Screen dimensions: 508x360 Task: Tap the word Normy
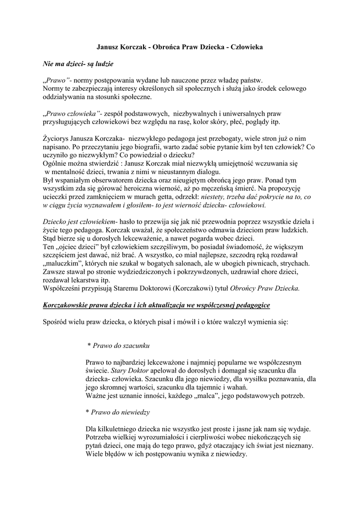54,88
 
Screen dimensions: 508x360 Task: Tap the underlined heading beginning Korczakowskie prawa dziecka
156,304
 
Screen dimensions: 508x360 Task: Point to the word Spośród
58,321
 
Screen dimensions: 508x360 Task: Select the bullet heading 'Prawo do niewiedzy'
118,412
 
